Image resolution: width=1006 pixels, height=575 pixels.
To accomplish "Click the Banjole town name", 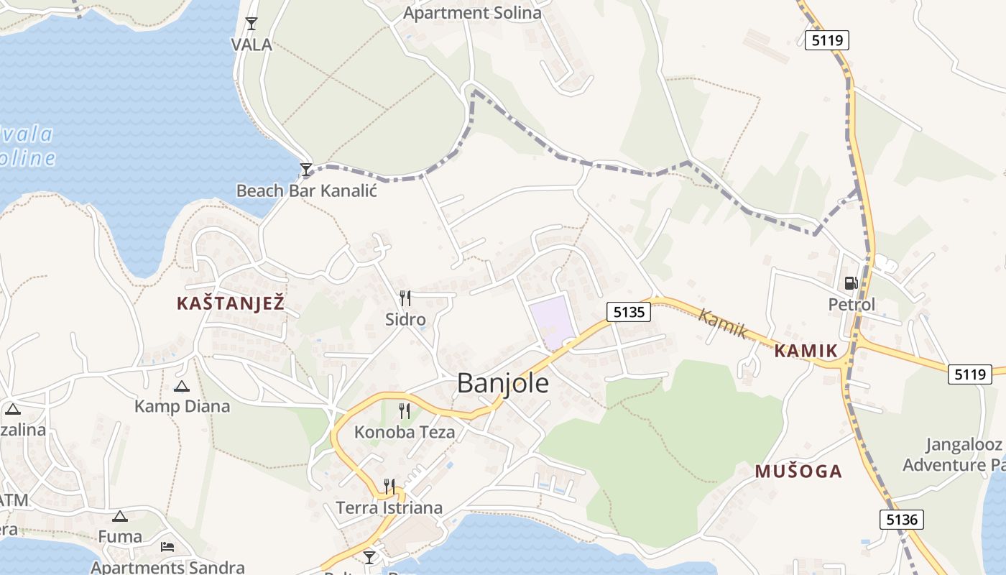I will coord(503,383).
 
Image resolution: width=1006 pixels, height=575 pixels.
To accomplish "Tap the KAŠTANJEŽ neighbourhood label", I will coord(231,303).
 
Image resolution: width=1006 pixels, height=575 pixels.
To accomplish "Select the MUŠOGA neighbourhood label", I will coord(798,471).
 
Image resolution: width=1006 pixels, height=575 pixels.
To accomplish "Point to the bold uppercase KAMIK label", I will coord(806,351).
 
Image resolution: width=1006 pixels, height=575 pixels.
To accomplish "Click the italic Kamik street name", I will coord(723,323).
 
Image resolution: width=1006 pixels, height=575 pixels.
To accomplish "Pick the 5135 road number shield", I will coord(629,311).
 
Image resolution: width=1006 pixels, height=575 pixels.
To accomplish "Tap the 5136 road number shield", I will coord(901,519).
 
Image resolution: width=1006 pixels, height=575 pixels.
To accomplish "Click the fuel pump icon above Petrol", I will coord(851,283).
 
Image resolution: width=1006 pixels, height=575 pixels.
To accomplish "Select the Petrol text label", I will coord(852,305).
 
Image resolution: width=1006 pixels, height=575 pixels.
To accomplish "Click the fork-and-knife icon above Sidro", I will coord(405,298).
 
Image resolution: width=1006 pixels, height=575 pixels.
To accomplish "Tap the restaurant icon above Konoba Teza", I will coord(405,410).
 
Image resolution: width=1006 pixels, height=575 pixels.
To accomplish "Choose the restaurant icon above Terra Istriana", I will coord(389,487).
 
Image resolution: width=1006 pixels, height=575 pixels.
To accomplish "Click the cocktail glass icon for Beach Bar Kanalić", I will coord(306,170).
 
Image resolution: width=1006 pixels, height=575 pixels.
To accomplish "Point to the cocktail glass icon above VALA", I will coord(251,24).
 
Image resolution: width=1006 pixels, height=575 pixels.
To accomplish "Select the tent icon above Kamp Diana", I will coord(181,386).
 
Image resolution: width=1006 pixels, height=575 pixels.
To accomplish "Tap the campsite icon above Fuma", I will coord(120,516).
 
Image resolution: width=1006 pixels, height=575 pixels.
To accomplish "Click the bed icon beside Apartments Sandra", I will coord(167,547).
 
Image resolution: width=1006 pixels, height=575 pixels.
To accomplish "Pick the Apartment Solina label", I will coord(472,13).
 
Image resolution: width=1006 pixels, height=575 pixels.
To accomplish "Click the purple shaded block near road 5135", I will coord(552,322).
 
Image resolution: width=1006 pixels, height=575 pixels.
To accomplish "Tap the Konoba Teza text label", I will coord(405,432).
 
